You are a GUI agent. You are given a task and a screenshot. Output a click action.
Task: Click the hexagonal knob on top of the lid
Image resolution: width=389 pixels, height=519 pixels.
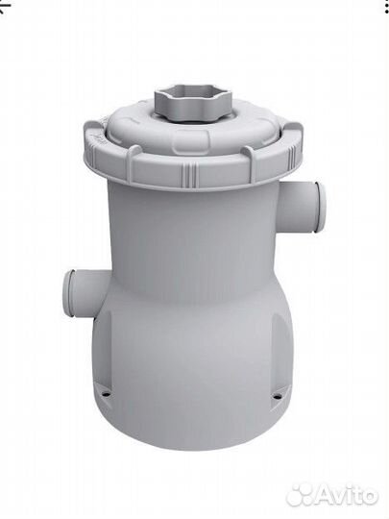[x=193, y=104]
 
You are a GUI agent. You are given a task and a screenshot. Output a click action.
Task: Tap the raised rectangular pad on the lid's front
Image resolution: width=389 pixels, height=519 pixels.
[x=191, y=137]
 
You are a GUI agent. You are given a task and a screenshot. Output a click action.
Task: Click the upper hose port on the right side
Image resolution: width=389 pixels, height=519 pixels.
[x=303, y=208]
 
